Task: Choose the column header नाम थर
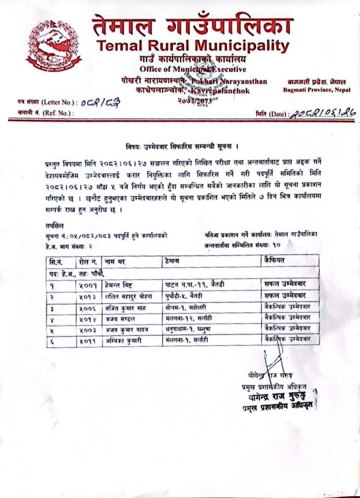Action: pyautogui.click(x=114, y=262)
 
